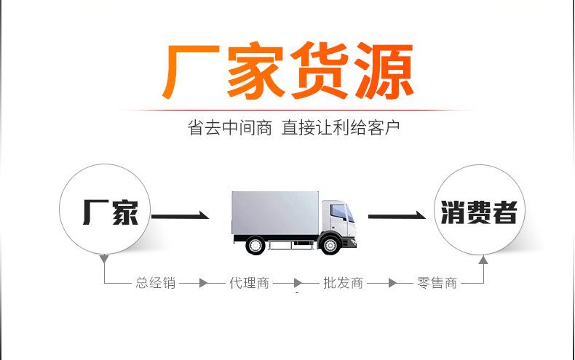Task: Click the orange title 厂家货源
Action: click(288, 71)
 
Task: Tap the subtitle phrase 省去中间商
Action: click(229, 128)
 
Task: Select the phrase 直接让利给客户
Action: click(341, 128)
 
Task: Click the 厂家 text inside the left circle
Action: click(111, 212)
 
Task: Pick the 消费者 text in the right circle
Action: click(479, 212)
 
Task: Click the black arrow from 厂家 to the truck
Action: click(180, 215)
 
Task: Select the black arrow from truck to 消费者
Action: click(397, 215)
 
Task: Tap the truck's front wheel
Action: click(330, 244)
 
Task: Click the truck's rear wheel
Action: click(255, 245)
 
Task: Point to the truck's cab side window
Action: click(338, 211)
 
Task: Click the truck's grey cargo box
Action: click(275, 213)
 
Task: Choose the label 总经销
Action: click(156, 283)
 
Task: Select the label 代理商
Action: click(250, 283)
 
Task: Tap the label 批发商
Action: click(344, 283)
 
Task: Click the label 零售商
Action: click(437, 283)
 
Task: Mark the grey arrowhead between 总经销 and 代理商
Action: click(204, 283)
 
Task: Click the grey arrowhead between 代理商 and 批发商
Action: click(298, 283)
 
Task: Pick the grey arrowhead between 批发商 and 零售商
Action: click(392, 283)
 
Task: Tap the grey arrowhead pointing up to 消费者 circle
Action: click(483, 260)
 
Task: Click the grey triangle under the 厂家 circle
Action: click(104, 259)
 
